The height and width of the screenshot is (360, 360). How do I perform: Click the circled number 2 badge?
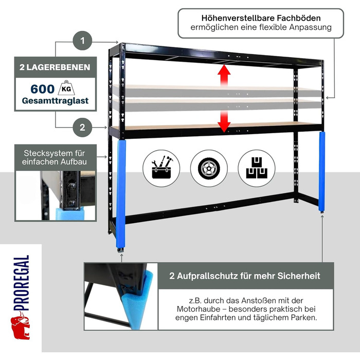tap(82, 127)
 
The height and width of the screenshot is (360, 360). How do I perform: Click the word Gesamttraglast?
tap(55, 101)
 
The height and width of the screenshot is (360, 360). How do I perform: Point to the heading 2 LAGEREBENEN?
tap(55, 67)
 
